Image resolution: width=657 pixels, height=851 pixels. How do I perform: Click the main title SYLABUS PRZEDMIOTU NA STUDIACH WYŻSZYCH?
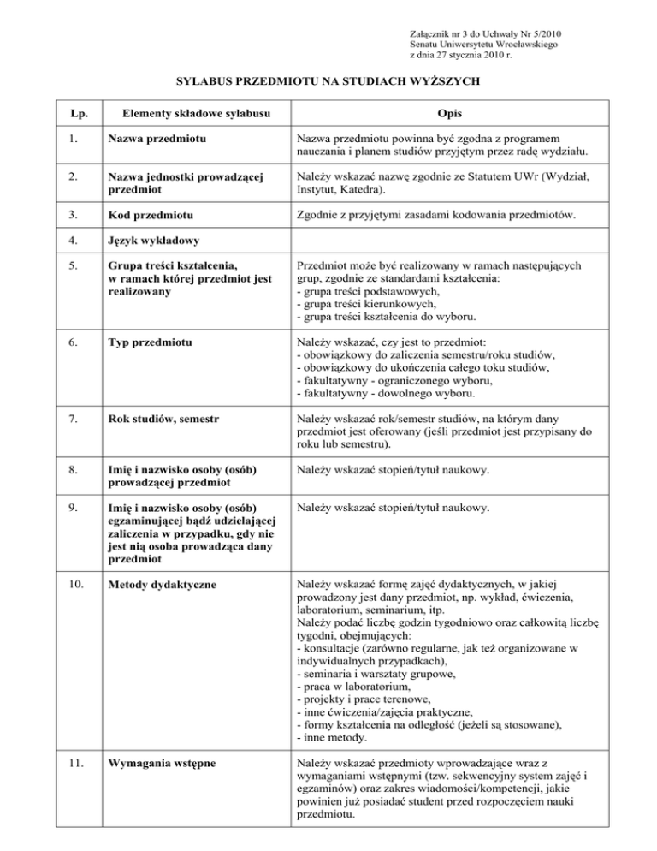[328, 82]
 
